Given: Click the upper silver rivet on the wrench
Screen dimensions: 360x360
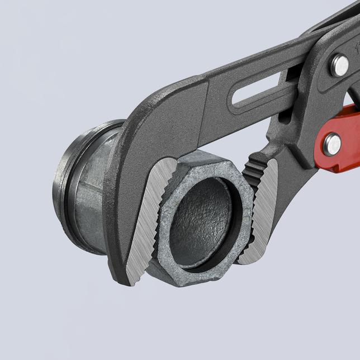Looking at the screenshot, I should tap(339, 65).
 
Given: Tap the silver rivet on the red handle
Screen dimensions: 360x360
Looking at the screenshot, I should tap(332, 144).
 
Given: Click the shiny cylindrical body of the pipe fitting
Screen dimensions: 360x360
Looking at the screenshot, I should tap(92, 190).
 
